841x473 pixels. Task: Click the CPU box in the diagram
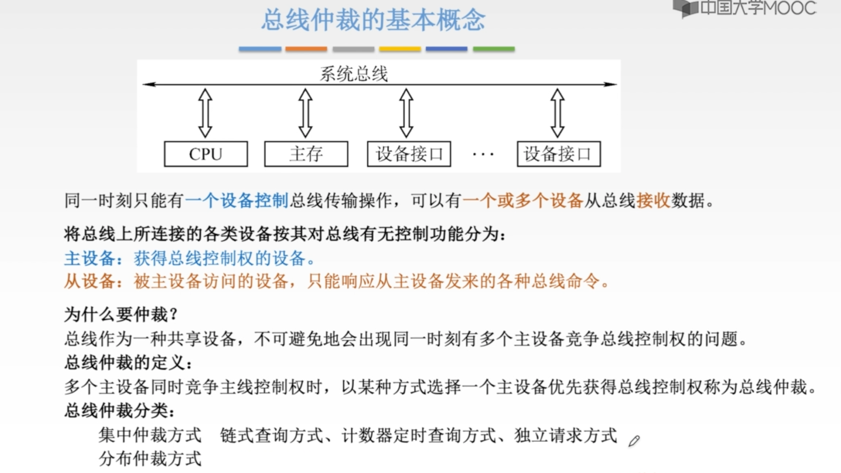click(x=206, y=154)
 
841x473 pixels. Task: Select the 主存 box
click(x=306, y=154)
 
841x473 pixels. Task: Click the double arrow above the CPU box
click(x=205, y=113)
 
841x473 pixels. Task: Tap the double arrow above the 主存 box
click(x=305, y=113)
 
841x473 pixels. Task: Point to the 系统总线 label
click(x=354, y=74)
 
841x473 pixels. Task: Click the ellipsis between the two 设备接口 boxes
click(x=483, y=155)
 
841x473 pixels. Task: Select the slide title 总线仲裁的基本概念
click(x=374, y=20)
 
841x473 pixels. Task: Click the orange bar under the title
click(x=306, y=49)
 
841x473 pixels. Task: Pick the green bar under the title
click(x=494, y=49)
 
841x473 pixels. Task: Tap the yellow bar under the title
click(x=400, y=49)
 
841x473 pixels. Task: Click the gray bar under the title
click(x=353, y=49)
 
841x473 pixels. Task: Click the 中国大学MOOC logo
click(x=745, y=8)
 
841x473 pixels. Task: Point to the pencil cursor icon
click(x=634, y=441)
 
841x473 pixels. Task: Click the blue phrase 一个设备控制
click(x=237, y=201)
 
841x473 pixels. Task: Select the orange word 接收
click(x=653, y=201)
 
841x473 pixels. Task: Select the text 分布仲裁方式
click(x=150, y=458)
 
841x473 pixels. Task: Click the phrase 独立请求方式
click(x=565, y=435)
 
